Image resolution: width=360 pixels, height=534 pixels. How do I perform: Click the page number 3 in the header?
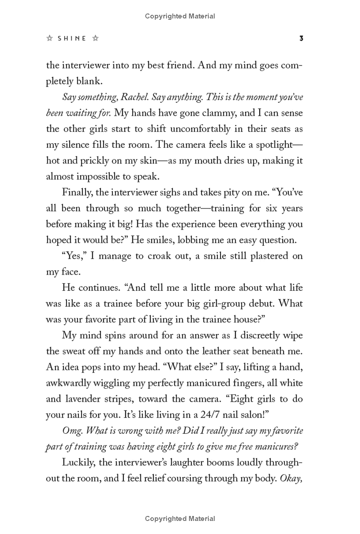coord(301,39)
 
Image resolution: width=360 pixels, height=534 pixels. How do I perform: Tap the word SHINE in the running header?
coord(72,39)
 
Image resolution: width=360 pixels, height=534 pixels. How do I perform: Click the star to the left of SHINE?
coord(49,39)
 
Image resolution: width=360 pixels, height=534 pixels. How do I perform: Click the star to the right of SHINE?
coord(95,39)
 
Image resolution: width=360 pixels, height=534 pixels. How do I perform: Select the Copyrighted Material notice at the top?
coord(180,16)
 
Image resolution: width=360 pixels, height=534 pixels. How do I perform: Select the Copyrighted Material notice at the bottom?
coord(180,519)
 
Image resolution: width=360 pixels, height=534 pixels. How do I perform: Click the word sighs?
coord(201,192)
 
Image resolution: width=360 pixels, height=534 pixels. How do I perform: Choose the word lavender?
coord(85,398)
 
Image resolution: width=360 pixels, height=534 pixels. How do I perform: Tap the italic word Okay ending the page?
coord(291,478)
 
